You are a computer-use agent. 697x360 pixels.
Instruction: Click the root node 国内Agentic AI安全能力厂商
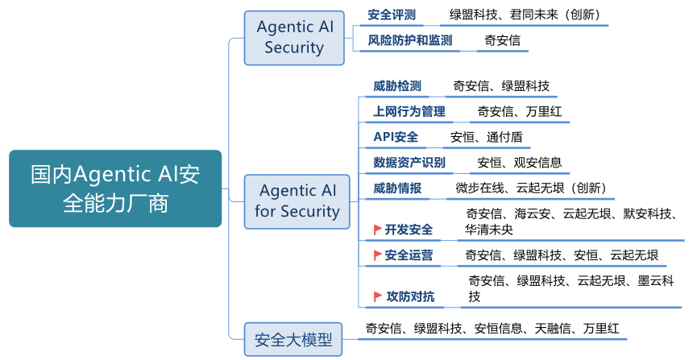(x=115, y=188)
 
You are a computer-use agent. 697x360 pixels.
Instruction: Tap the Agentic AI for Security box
(x=297, y=201)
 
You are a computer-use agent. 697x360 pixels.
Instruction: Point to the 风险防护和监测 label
(x=410, y=40)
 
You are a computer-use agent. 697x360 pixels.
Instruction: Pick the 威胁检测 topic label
(x=397, y=86)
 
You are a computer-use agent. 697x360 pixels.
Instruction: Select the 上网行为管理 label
(x=409, y=112)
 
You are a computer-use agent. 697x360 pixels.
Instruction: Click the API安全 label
(x=396, y=137)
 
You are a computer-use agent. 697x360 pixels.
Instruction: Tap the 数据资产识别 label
(x=409, y=163)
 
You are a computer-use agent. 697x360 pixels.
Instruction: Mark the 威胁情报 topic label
(x=397, y=188)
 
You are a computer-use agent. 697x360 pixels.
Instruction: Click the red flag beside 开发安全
(x=377, y=230)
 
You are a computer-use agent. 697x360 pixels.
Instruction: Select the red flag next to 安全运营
(x=376, y=255)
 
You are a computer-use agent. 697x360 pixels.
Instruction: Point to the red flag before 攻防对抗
(x=377, y=297)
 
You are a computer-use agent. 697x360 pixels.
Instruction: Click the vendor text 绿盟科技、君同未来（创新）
(x=525, y=15)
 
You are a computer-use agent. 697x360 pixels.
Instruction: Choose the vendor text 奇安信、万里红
(x=520, y=112)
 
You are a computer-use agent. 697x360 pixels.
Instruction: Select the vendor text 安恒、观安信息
(x=520, y=163)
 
